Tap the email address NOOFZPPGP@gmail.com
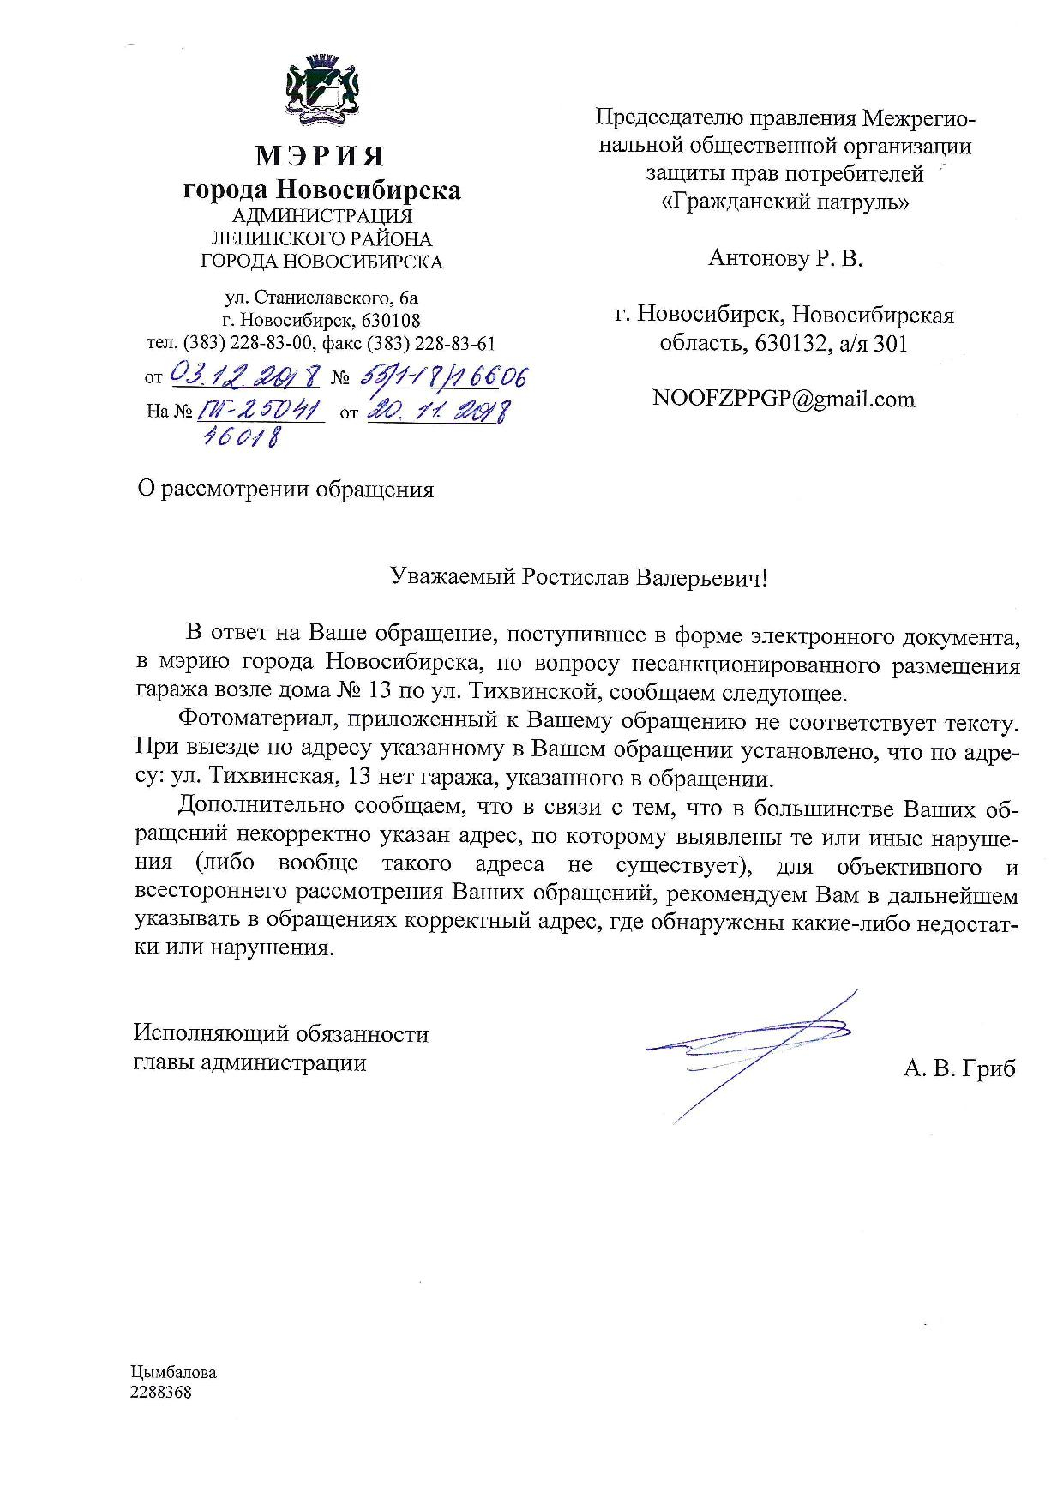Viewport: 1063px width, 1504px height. tap(784, 399)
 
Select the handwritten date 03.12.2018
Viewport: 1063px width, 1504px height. tap(246, 374)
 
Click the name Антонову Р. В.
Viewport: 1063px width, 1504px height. tap(784, 258)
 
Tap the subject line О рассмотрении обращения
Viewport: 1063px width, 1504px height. tap(285, 490)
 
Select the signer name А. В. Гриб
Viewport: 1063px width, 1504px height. tap(958, 1068)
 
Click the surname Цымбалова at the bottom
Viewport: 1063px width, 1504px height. tap(174, 1372)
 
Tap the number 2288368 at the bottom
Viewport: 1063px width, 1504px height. tap(161, 1393)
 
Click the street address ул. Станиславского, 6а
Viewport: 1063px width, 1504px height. tap(321, 298)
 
